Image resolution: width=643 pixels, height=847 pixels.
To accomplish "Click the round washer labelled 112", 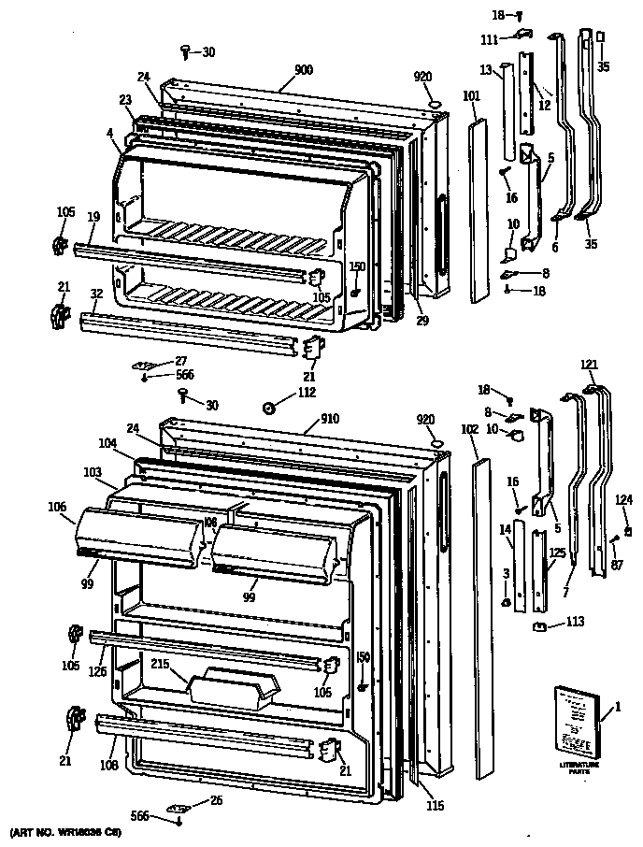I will [268, 407].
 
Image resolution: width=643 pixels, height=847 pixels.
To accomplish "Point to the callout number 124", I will [622, 498].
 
